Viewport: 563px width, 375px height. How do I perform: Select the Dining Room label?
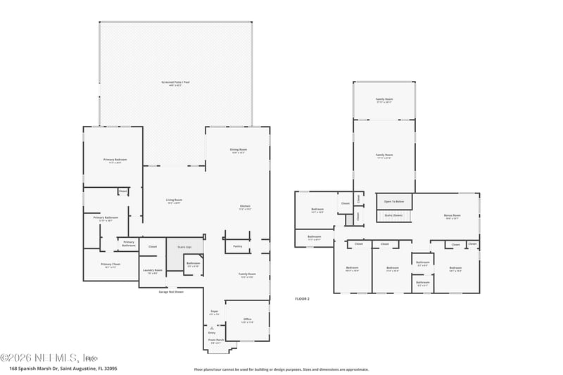[x=238, y=151]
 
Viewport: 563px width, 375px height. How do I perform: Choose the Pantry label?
[x=237, y=246]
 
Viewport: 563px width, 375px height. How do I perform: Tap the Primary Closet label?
[x=111, y=266]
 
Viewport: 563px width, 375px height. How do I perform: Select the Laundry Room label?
[x=152, y=271]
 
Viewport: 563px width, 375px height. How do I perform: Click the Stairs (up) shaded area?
[x=184, y=248]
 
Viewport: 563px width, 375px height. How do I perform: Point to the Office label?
[x=247, y=320]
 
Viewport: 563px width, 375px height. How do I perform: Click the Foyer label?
[x=215, y=312]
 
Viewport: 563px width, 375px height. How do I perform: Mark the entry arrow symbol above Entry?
[x=212, y=328]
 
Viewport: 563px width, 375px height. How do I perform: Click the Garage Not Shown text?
[x=171, y=291]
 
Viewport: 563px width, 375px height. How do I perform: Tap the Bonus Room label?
[x=452, y=216]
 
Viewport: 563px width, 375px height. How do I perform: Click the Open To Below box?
[x=393, y=201]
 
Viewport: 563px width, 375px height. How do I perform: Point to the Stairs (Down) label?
[x=393, y=215]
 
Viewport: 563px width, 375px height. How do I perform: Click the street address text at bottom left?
[x=63, y=368]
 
